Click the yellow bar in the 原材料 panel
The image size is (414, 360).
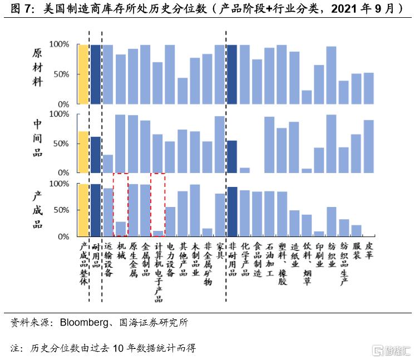[x=83, y=75]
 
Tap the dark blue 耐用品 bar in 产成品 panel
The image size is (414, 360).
[x=96, y=210]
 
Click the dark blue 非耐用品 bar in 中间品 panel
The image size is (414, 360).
[x=232, y=156]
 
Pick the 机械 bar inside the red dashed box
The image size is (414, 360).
[x=120, y=229]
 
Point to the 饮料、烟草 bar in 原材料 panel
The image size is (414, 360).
[x=307, y=97]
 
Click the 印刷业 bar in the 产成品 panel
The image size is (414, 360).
[x=319, y=234]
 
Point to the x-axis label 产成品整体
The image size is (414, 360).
[x=83, y=264]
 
